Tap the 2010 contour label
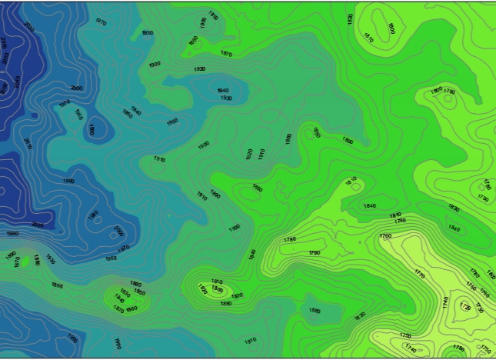[28, 144]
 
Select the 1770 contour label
[419, 273]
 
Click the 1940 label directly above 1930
[223, 91]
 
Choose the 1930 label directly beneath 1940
[226, 98]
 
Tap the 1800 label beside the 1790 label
[437, 91]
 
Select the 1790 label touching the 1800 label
[449, 92]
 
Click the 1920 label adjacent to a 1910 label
[249, 155]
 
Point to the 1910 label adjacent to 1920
[261, 155]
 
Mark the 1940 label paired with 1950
[135, 110]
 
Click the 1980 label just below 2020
[13, 233]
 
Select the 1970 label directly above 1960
[123, 248]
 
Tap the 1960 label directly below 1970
[112, 258]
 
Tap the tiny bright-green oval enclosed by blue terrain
[36, 261]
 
